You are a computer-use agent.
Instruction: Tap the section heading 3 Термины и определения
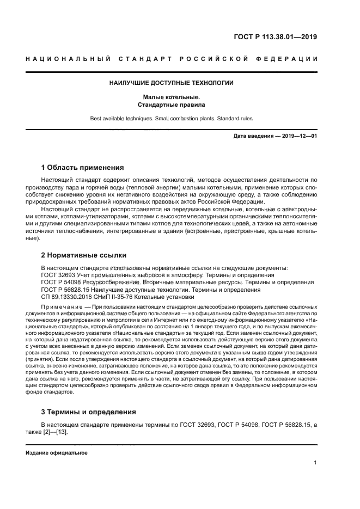click(x=89, y=412)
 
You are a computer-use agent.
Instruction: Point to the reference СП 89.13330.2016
click(x=68, y=298)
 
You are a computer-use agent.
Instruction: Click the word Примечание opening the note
click(x=59, y=307)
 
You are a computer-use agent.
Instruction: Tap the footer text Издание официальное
click(x=56, y=452)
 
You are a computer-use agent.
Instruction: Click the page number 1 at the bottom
click(x=315, y=463)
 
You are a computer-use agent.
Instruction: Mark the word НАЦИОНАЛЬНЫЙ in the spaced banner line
click(x=68, y=59)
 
